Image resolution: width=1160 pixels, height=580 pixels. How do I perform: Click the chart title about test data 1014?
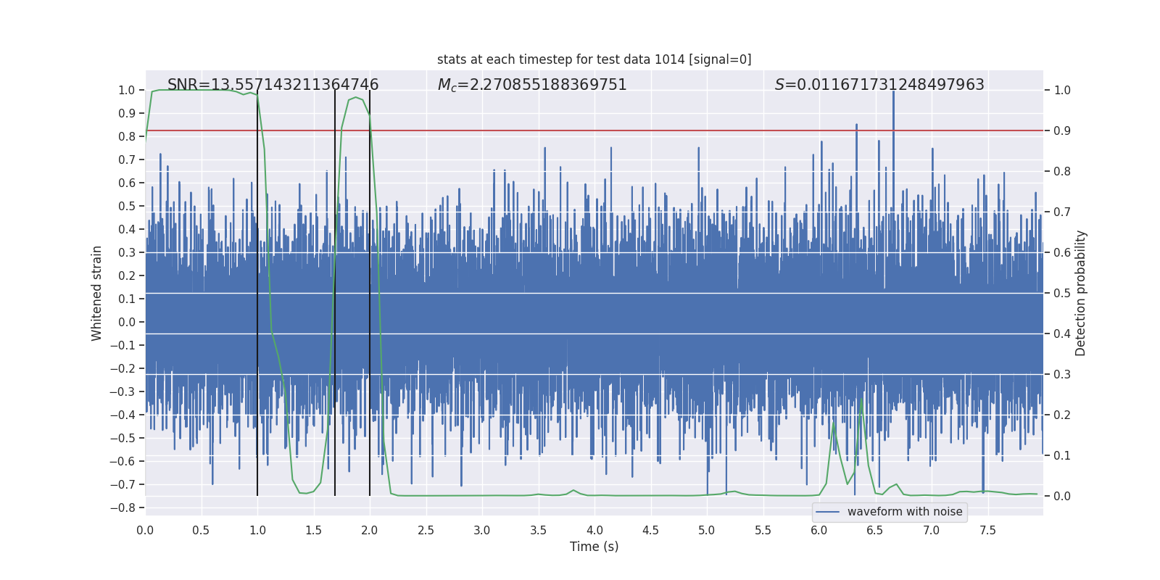594,59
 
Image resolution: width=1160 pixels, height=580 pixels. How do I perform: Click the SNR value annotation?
273,85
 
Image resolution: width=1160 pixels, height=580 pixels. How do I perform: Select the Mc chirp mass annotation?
532,85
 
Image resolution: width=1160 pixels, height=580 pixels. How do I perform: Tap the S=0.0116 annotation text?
879,85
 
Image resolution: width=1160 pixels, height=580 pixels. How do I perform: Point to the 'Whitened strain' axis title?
96,293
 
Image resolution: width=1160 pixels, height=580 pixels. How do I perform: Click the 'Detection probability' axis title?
1080,293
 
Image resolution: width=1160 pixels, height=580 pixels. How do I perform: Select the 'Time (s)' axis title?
594,547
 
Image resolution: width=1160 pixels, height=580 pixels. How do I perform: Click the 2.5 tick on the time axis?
426,531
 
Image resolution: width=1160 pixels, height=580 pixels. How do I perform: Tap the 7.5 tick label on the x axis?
987,531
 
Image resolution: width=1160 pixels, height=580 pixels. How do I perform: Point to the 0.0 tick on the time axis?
145,531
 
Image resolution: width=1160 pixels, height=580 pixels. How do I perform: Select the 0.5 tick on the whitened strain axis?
126,206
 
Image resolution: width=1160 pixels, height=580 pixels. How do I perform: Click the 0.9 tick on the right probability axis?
1062,130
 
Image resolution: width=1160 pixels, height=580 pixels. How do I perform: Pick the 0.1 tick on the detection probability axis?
1062,455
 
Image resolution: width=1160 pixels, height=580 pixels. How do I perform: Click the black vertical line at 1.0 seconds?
257,290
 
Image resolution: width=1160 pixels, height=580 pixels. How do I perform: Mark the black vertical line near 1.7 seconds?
335,290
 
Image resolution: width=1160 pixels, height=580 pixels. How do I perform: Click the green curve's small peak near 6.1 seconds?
834,423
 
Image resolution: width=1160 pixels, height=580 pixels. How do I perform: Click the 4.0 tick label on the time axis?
594,531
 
